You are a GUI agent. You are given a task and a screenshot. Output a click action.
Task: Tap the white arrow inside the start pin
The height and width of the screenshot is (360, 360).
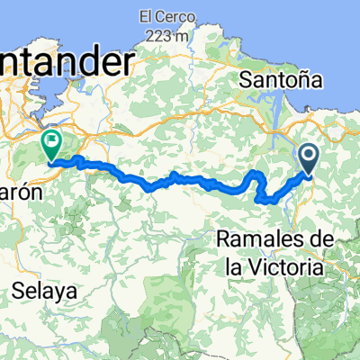point(308,157)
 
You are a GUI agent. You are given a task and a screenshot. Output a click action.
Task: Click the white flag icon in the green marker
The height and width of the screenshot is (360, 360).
point(51,139)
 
